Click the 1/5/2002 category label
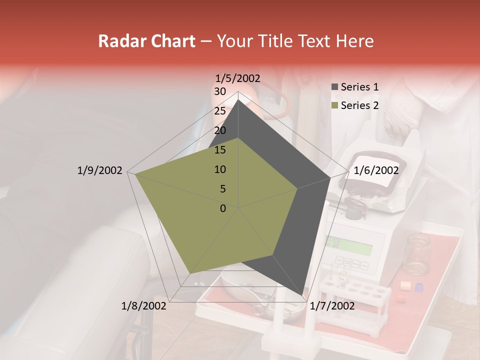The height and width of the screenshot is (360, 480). click(x=238, y=78)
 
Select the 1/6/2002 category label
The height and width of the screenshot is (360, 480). click(x=376, y=170)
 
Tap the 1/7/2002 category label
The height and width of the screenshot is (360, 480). click(x=332, y=306)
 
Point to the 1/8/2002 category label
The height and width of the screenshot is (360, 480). click(x=144, y=306)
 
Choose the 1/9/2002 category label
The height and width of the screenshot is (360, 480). click(x=100, y=170)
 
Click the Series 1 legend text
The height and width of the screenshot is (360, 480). click(x=359, y=87)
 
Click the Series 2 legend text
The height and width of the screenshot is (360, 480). click(x=359, y=105)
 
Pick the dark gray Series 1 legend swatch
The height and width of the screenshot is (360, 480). click(x=334, y=87)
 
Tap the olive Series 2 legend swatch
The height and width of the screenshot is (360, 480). click(x=334, y=106)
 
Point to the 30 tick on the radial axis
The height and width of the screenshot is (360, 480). click(x=220, y=91)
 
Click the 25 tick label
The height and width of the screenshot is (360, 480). click(x=220, y=111)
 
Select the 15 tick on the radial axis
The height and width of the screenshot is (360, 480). click(x=220, y=150)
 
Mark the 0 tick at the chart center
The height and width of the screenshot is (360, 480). click(x=223, y=208)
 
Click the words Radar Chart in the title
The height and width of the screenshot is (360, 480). click(x=146, y=41)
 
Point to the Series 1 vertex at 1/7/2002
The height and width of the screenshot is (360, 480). click(x=302, y=296)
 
